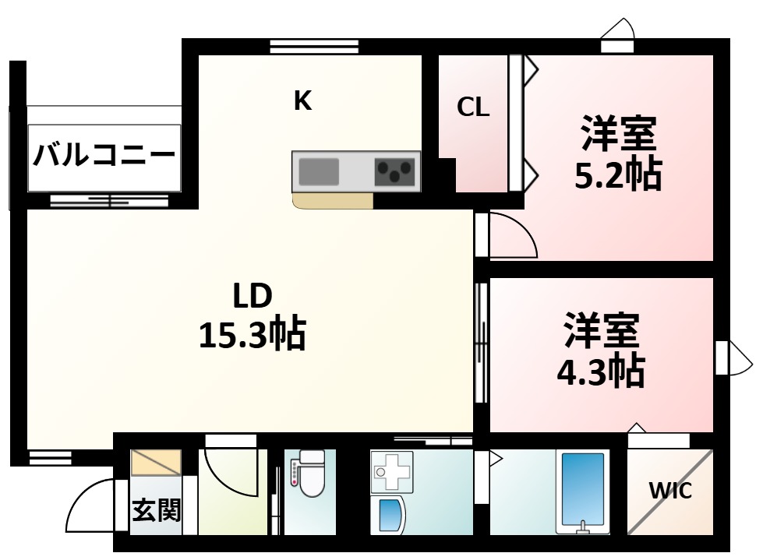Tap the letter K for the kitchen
[x=302, y=100]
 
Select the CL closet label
[x=473, y=107]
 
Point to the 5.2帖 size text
[x=617, y=176]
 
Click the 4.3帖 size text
[x=600, y=372]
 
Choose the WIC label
[x=670, y=491]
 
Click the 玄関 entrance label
[x=156, y=510]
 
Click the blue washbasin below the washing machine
[x=390, y=515]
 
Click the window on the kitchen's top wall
[x=314, y=46]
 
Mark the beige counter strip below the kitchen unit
[x=333, y=201]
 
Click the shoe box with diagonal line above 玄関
[x=156, y=462]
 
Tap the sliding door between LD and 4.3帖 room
[x=481, y=343]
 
